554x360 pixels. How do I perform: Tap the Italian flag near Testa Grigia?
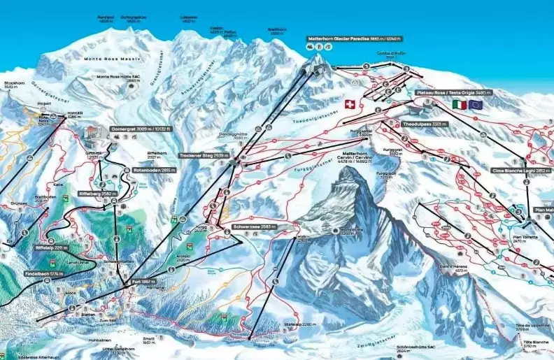[x=459, y=104]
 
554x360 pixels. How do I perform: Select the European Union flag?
[x=476, y=104]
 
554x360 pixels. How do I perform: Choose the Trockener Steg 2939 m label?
[x=204, y=155]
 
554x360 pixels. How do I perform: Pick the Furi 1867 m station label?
[x=145, y=281]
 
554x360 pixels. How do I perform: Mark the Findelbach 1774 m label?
[x=47, y=273]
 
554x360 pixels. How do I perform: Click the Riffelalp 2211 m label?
[x=52, y=247]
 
